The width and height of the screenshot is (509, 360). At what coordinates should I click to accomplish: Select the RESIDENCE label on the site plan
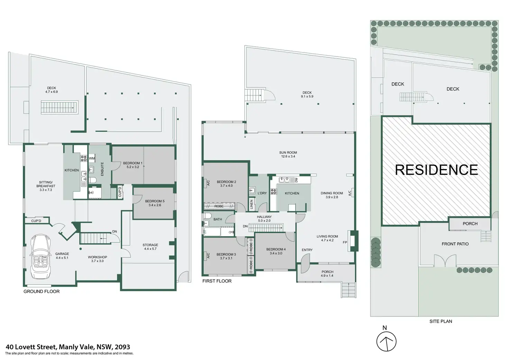436,170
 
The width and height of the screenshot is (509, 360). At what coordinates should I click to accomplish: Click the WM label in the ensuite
92,158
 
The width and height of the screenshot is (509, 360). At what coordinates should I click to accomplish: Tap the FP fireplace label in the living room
345,242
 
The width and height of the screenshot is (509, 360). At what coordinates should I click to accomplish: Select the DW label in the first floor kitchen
296,180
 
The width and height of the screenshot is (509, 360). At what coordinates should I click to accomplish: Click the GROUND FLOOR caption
41,292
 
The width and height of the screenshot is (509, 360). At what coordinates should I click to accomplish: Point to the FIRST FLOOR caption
217,281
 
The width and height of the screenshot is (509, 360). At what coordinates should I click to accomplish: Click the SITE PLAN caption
441,321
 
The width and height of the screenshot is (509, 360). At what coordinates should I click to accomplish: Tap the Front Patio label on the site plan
455,244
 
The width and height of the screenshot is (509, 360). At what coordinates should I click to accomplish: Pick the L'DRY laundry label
262,193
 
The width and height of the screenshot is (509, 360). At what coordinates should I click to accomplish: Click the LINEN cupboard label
252,205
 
